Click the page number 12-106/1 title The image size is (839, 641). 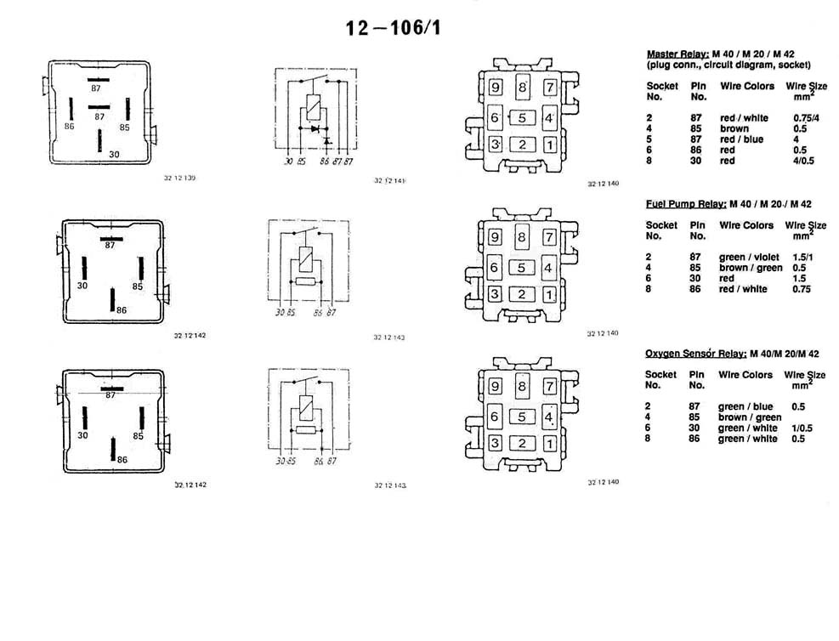(x=393, y=28)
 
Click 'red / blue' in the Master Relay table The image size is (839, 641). (x=741, y=139)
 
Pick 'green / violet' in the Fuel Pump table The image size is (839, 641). (x=746, y=257)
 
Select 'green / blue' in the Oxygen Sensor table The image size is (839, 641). (x=745, y=406)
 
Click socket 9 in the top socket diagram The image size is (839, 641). (x=496, y=87)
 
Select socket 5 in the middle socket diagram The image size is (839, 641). (x=523, y=269)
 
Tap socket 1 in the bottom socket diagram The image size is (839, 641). (x=550, y=443)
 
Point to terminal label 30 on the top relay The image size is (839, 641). (x=113, y=155)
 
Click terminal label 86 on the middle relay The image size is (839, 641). (x=122, y=311)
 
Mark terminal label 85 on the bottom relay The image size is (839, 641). (x=138, y=435)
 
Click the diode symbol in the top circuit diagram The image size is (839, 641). (x=315, y=129)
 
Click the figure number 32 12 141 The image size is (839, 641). (x=390, y=181)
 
